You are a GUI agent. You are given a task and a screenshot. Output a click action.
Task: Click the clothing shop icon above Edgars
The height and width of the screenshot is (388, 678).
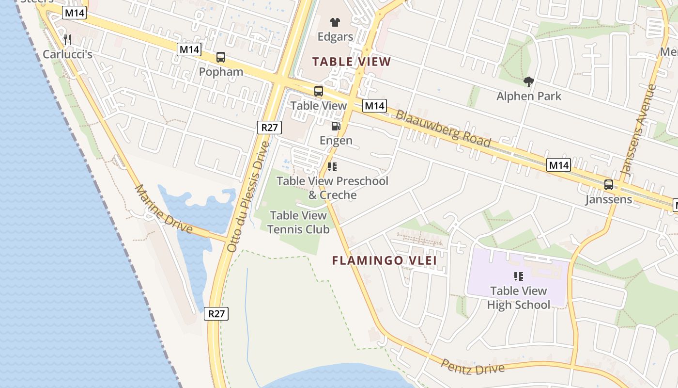coord(335,22)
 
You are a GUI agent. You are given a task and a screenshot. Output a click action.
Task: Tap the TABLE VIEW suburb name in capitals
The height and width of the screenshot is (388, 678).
coord(352,62)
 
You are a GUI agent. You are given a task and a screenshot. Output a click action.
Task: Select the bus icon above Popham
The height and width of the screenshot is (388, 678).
coord(221,57)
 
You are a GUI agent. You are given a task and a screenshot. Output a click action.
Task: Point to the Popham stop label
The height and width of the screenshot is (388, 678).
coord(221,72)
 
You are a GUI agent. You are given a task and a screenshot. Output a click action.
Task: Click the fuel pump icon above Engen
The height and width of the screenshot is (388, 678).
coord(336,127)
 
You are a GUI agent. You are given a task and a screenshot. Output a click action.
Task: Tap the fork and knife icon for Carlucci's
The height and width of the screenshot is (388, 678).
coord(67,40)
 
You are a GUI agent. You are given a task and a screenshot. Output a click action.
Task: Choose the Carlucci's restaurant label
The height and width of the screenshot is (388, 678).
coord(67,54)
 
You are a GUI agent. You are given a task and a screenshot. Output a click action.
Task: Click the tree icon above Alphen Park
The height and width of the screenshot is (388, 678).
coord(528,82)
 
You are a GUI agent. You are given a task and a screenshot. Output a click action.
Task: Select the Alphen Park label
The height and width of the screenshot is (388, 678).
coord(529,96)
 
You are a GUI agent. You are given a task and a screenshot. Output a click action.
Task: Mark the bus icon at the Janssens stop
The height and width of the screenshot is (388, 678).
coord(609,185)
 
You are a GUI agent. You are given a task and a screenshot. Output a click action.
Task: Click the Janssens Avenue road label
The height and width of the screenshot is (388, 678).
coord(638,130)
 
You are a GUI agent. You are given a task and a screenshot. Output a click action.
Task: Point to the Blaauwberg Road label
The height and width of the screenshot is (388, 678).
coord(443,128)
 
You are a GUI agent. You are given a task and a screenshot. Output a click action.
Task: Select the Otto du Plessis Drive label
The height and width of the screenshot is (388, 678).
coord(247,196)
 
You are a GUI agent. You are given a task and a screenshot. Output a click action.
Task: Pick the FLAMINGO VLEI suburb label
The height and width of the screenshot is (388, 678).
coord(385,260)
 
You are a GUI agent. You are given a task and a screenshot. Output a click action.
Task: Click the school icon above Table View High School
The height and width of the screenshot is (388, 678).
coord(519,276)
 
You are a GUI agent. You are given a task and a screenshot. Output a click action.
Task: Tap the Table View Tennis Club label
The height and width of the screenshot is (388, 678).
coord(298,222)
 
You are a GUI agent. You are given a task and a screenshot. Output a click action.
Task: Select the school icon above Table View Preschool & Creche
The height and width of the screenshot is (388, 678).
coord(332,167)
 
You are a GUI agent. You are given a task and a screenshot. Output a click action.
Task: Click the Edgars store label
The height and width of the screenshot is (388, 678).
coord(335,36)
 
